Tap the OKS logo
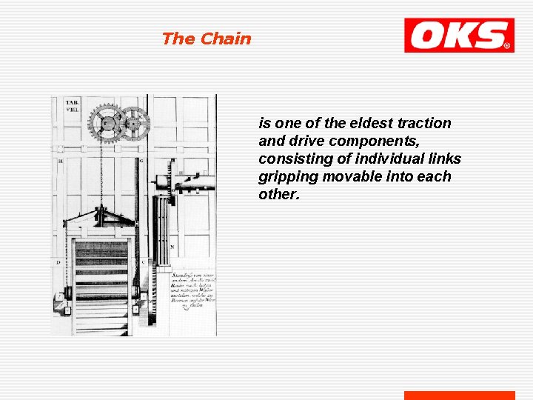pos(458,36)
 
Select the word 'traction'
pos(424,123)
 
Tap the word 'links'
pos(444,159)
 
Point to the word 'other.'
pos(269,194)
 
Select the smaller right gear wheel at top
pos(134,123)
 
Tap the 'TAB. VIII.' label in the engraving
pos(72,106)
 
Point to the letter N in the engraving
pos(172,246)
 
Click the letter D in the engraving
pos(58,262)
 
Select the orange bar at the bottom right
pos(459,395)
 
